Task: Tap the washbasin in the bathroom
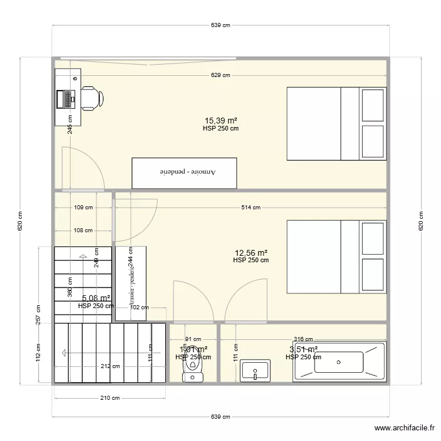click(x=256, y=370)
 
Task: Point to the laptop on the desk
click(x=66, y=98)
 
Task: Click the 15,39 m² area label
click(x=220, y=121)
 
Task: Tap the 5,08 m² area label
click(x=96, y=298)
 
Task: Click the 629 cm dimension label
click(x=220, y=75)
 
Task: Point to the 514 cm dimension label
click(x=251, y=207)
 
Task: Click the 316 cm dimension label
click(x=303, y=339)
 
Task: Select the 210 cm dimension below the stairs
click(x=106, y=398)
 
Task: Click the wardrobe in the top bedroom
click(x=184, y=173)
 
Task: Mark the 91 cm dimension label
click(x=193, y=339)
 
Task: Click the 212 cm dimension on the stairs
click(x=111, y=366)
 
